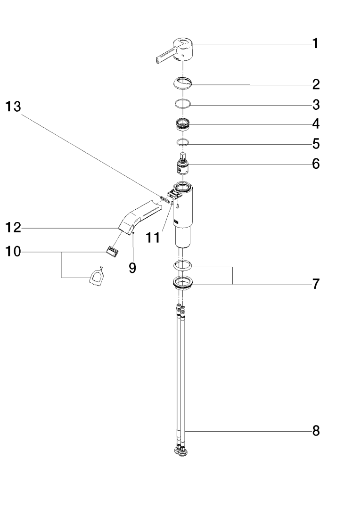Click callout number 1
click(x=315, y=44)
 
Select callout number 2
click(x=315, y=85)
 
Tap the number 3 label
click(x=315, y=104)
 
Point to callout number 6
click(x=315, y=164)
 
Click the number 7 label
click(x=315, y=284)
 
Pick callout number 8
click(x=315, y=431)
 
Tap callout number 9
click(x=132, y=268)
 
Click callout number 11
click(x=152, y=238)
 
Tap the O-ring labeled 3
click(x=182, y=104)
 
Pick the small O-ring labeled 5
click(x=182, y=142)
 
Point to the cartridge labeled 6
click(x=182, y=165)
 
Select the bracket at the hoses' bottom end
click(x=181, y=452)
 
